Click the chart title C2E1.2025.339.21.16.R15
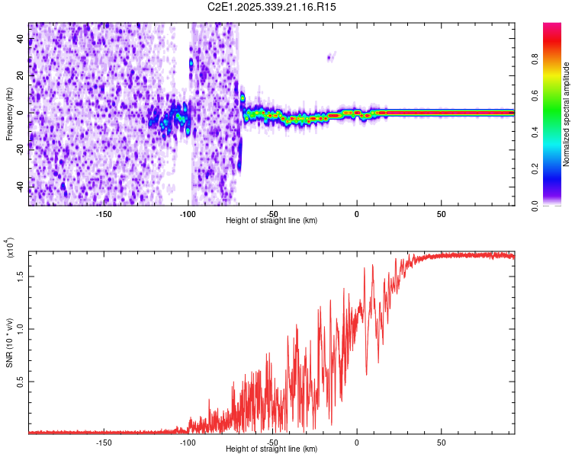click(x=272, y=7)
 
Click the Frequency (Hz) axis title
click(x=8, y=114)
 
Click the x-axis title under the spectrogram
click(x=272, y=220)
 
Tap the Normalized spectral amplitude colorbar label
click(x=567, y=114)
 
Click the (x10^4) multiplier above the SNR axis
click(x=10, y=248)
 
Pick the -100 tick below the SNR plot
click(x=188, y=442)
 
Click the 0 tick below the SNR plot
click(x=357, y=442)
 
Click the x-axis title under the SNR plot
click(x=272, y=449)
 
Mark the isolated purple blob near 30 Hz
click(x=330, y=56)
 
